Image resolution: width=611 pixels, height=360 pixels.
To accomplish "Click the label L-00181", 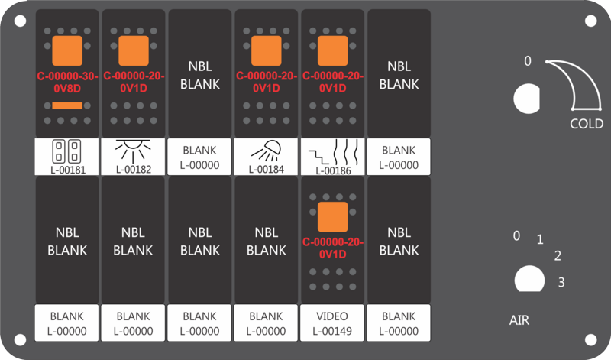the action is point(68,170).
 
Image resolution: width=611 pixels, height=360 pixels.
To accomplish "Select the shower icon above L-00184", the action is point(266,151).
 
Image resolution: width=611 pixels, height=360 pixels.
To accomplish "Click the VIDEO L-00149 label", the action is point(332,324).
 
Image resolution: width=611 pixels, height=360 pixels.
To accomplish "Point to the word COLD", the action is point(587,124).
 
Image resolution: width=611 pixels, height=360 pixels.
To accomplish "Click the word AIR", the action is point(519,320).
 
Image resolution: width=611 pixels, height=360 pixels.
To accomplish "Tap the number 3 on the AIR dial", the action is point(561,282).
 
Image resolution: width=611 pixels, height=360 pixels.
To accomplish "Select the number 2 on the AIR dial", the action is point(558,256).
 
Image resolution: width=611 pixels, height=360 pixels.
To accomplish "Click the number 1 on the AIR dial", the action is point(540,239).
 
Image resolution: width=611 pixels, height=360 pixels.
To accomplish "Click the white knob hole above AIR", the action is point(529,279).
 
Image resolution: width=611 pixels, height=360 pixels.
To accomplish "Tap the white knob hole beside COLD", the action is point(527,99).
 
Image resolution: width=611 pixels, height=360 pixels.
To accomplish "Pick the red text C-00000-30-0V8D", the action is point(67,83).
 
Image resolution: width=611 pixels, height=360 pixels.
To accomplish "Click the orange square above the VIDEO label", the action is point(332,217).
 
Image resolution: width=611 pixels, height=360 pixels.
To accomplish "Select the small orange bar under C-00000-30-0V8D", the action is point(67,105).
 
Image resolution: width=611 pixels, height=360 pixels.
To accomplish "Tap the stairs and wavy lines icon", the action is point(333,153).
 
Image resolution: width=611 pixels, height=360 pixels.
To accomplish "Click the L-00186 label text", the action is point(333,170).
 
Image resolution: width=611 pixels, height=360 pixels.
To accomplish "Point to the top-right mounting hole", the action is point(590,21).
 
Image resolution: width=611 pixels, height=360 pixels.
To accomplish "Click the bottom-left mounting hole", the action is point(21,339).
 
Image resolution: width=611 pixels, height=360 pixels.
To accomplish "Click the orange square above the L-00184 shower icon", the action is point(266,51).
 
